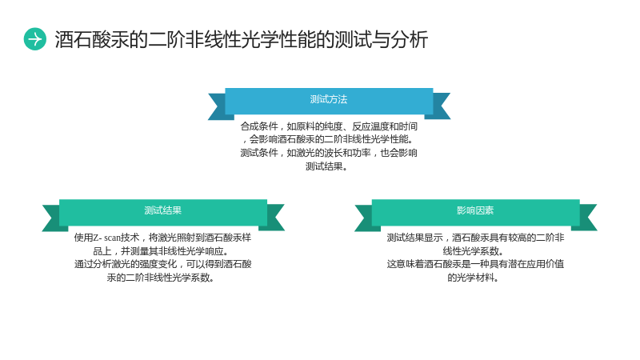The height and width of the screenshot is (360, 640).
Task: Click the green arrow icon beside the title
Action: pyautogui.click(x=35, y=39)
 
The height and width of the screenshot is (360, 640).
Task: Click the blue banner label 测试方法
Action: pyautogui.click(x=329, y=99)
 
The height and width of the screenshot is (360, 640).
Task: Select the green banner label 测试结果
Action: pyautogui.click(x=163, y=210)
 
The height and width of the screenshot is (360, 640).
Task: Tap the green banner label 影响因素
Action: pyautogui.click(x=475, y=210)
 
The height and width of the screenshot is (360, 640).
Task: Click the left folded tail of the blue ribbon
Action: pyautogui.click(x=217, y=106)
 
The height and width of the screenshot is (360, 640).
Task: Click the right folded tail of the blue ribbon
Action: pyautogui.click(x=442, y=106)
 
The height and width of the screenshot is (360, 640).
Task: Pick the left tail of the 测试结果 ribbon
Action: pyautogui.click(x=51, y=218)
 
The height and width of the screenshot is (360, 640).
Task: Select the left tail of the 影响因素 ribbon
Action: pyautogui.click(x=363, y=218)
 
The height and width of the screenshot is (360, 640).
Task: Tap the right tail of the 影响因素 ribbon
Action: pyautogui.click(x=588, y=218)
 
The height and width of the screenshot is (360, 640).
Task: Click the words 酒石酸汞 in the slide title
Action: pyautogui.click(x=92, y=39)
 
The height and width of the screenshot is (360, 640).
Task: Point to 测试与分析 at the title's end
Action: pyautogui.click(x=381, y=39)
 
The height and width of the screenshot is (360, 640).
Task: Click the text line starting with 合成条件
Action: pyautogui.click(x=329, y=126)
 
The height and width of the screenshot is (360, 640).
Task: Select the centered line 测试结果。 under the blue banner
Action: pyautogui.click(x=326, y=166)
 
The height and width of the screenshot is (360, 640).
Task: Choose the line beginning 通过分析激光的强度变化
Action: pyautogui.click(x=163, y=264)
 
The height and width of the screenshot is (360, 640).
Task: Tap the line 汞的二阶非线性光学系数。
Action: pyautogui.click(x=161, y=278)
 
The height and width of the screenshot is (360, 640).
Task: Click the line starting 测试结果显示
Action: pyautogui.click(x=475, y=238)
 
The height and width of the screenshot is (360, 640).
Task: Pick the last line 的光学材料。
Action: pyautogui.click(x=473, y=278)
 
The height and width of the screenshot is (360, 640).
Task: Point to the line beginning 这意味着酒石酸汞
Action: pyautogui.click(x=475, y=264)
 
